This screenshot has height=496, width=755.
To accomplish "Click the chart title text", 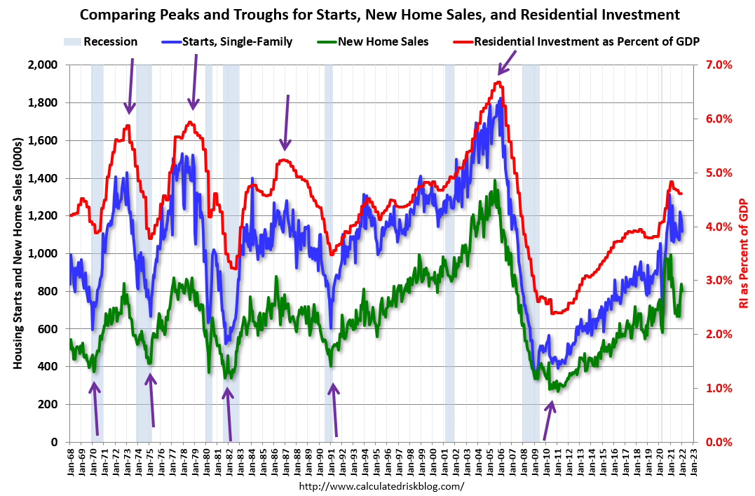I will point(378,14).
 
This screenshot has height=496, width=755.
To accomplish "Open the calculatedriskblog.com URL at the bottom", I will point(381,486).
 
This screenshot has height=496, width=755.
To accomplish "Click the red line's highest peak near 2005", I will point(497,82).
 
